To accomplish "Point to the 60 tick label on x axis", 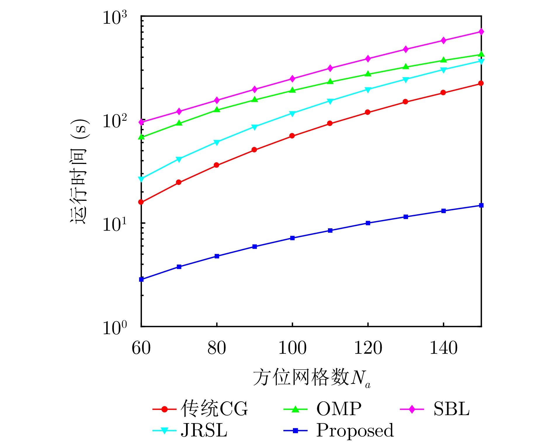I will [141, 348].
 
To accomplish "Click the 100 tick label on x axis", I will [292, 348].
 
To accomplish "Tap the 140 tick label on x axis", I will [443, 348].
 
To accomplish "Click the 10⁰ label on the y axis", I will [115, 328].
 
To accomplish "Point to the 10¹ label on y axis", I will [115, 225].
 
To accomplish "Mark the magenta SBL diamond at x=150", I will [481, 32].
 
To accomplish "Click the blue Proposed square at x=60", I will [141, 279].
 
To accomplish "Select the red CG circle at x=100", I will [292, 136].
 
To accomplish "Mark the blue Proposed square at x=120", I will [368, 223].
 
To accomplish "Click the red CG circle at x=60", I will [141, 202].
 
